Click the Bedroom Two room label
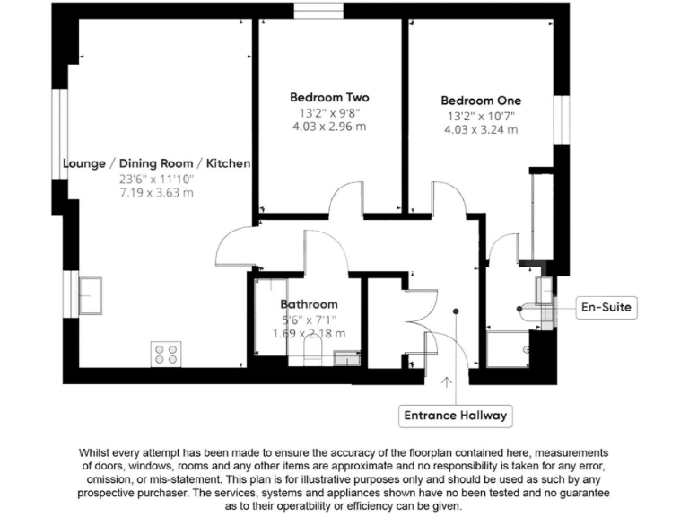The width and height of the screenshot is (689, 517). tap(328, 97)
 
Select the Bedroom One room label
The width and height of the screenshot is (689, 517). tap(481, 101)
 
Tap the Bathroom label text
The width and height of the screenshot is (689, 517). tap(309, 304)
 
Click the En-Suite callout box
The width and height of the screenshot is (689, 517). tap(607, 308)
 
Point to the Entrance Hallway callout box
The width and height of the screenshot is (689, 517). tap(456, 416)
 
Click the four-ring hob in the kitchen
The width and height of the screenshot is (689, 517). tap(165, 354)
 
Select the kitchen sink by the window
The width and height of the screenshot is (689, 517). tap(90, 294)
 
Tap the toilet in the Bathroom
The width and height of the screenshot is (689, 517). tap(312, 351)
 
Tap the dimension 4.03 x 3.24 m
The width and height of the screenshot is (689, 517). tap(481, 130)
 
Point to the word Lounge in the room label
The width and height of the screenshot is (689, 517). tap(83, 163)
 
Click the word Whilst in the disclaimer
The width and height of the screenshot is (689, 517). tap(100, 452)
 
